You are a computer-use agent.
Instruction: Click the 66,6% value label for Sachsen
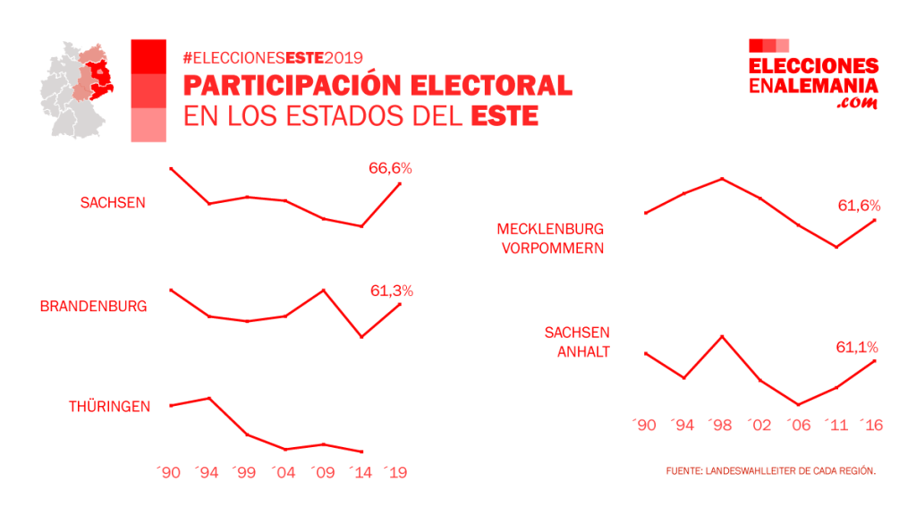tap(390, 167)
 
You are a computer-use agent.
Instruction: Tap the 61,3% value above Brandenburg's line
tap(391, 291)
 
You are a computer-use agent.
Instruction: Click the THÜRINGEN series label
tap(109, 406)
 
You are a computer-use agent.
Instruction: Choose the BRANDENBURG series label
tap(93, 306)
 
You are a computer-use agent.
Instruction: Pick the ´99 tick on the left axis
tap(246, 471)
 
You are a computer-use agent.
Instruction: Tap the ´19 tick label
tap(395, 471)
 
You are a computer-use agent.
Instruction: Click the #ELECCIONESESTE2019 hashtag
tap(272, 58)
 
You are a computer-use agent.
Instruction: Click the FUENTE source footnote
tap(770, 470)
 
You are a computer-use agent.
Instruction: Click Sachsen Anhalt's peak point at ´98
tap(722, 336)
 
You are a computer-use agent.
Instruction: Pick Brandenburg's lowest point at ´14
tap(361, 337)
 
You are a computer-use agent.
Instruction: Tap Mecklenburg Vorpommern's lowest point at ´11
tap(835, 247)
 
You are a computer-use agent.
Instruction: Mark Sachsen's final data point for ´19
tap(400, 183)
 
